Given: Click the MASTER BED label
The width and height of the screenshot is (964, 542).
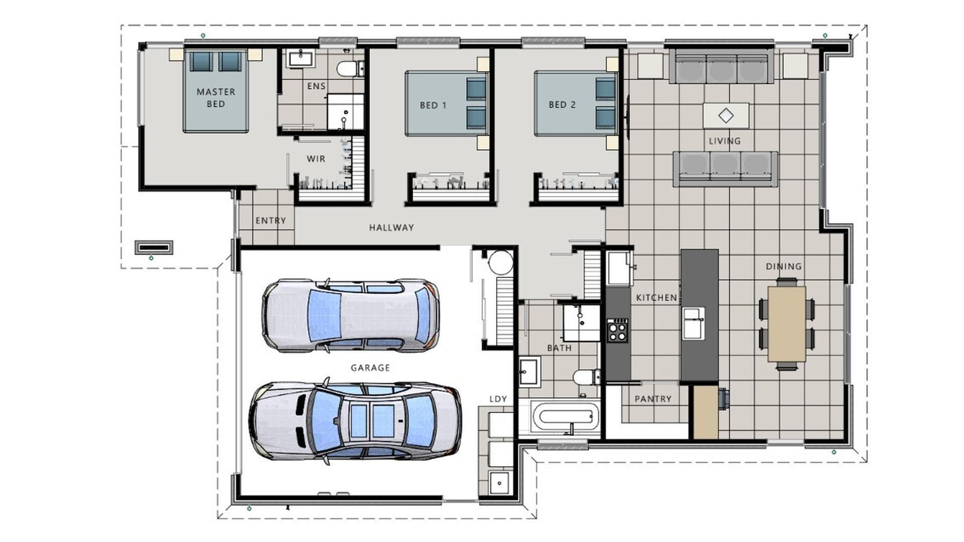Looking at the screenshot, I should (x=216, y=98).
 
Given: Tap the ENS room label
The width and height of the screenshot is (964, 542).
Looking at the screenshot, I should (x=316, y=86).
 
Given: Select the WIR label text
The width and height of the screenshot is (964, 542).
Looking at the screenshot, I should (x=316, y=159).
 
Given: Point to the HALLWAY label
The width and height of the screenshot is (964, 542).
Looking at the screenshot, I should (x=392, y=228).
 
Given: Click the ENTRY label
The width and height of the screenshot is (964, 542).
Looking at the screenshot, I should (x=271, y=221).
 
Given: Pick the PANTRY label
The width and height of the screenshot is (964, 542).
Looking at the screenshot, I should (x=653, y=399).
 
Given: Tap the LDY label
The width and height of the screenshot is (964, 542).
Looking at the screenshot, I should (x=498, y=399).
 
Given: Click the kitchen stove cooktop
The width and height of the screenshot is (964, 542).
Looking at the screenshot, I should (x=617, y=330).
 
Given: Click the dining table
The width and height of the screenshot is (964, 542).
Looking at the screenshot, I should (x=786, y=323).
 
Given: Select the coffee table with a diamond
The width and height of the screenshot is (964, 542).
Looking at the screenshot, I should (x=726, y=115).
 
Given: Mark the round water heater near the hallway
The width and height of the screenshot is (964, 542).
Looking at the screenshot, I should (x=501, y=262).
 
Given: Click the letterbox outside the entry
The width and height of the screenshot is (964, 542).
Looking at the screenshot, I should (x=154, y=247).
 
